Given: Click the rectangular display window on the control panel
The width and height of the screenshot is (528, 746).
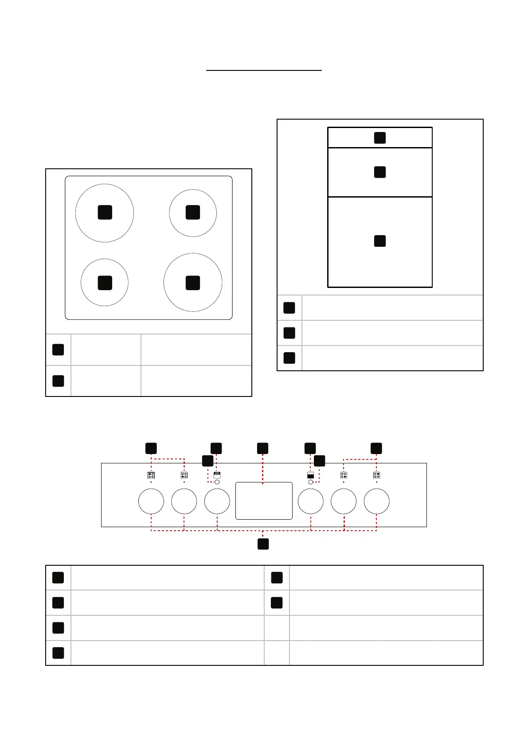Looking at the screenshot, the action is tap(264, 501).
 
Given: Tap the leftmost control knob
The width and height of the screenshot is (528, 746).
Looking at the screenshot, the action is tap(151, 501).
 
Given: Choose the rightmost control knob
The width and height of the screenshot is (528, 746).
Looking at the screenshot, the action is tap(376, 501).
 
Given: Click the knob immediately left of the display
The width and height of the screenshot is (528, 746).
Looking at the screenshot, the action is tap(217, 501).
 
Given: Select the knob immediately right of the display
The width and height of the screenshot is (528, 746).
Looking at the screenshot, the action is tap(311, 501).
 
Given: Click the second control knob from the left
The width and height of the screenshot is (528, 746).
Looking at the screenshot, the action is tap(184, 501).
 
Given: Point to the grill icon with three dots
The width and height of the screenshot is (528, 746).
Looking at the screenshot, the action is tap(217, 474).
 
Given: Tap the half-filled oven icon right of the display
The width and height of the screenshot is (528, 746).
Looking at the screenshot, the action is tap(310, 475).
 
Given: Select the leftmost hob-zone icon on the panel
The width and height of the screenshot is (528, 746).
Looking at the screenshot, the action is tap(151, 475).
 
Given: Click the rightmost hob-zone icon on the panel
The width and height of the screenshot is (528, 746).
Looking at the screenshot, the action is tap(376, 475).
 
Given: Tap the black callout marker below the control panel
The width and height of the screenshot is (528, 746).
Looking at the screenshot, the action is tap(263, 544).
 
